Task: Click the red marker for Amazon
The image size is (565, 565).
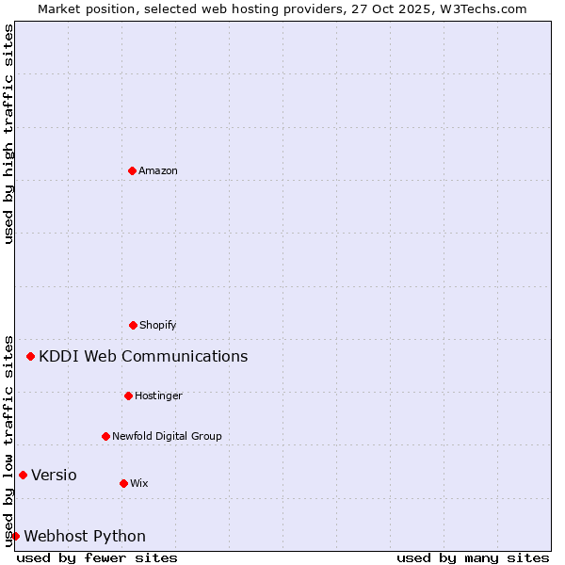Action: (132, 170)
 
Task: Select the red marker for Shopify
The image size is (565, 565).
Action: (133, 325)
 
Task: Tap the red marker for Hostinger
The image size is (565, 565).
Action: (128, 395)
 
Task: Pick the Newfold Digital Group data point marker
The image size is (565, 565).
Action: (105, 436)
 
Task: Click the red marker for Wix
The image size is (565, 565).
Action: (123, 483)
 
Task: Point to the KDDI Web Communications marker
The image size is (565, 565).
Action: (30, 356)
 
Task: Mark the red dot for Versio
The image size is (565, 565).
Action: (23, 475)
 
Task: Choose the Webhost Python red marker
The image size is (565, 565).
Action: (15, 536)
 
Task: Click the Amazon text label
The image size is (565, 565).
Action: (158, 171)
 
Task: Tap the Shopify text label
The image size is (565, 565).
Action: (158, 326)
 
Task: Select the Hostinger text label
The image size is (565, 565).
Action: (158, 396)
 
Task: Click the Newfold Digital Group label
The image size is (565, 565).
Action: (167, 437)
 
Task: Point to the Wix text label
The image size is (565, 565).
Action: (139, 484)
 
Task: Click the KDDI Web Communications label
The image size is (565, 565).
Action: (143, 357)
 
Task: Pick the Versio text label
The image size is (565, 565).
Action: (54, 476)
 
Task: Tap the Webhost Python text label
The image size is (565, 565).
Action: (85, 537)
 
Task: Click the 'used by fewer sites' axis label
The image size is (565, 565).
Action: (97, 557)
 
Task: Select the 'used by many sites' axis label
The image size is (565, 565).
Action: (473, 557)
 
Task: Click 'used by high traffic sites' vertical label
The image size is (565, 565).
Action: (8, 134)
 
